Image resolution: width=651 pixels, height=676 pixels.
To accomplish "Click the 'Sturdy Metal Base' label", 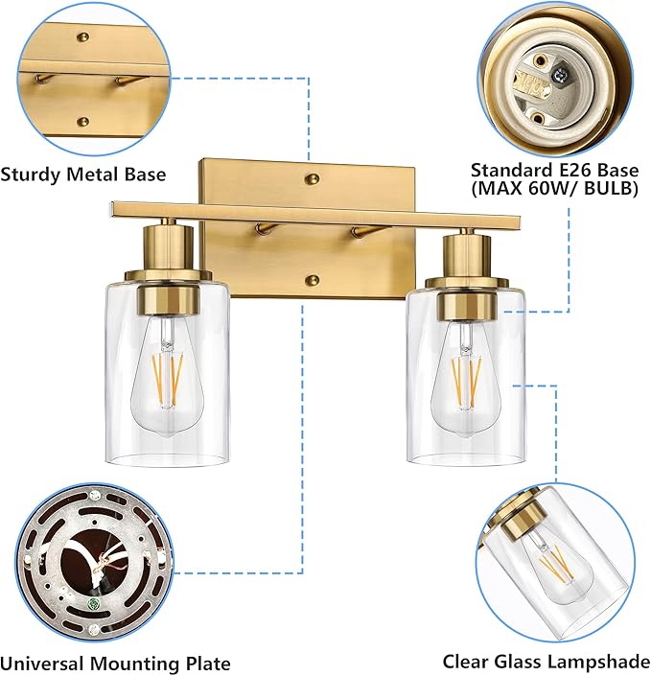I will pyautogui.click(x=83, y=175).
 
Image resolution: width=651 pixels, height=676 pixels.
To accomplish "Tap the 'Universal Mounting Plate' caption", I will pyautogui.click(x=115, y=663).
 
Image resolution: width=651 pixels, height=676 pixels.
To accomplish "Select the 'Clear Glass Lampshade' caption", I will pyautogui.click(x=546, y=661).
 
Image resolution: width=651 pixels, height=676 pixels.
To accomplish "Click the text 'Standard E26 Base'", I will pyautogui.click(x=554, y=170).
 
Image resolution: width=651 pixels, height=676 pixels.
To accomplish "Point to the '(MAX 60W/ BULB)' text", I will pyautogui.click(x=554, y=189).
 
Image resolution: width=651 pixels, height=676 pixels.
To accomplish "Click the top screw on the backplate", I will pyautogui.click(x=312, y=178).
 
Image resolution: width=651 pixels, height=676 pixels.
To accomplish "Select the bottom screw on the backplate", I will pyautogui.click(x=312, y=280).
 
